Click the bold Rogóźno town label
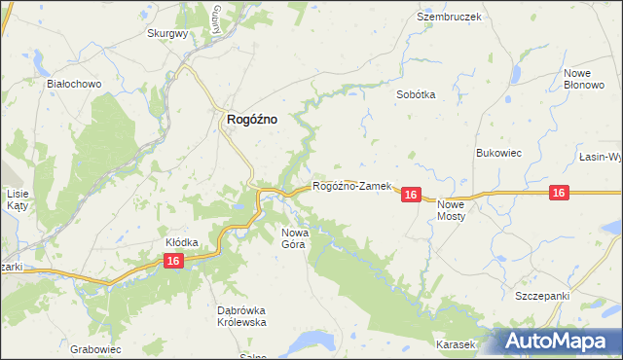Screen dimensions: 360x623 click(x=251, y=119)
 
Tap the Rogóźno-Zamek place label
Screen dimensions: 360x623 click(x=351, y=186)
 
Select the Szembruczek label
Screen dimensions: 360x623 click(x=449, y=18)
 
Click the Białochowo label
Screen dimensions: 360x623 click(x=75, y=84)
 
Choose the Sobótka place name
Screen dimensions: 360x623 click(x=416, y=95)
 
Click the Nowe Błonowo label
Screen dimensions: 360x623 click(x=583, y=80)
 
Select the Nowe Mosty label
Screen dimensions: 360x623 click(x=452, y=211)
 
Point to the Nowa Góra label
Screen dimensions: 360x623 click(x=294, y=238)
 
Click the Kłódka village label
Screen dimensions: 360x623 click(x=182, y=241)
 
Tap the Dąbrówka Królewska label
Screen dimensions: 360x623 click(x=240, y=316)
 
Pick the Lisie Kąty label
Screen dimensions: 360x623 click(x=17, y=199)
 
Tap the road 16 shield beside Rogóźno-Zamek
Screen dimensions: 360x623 click(x=410, y=196)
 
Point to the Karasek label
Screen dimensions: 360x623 click(x=456, y=345)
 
